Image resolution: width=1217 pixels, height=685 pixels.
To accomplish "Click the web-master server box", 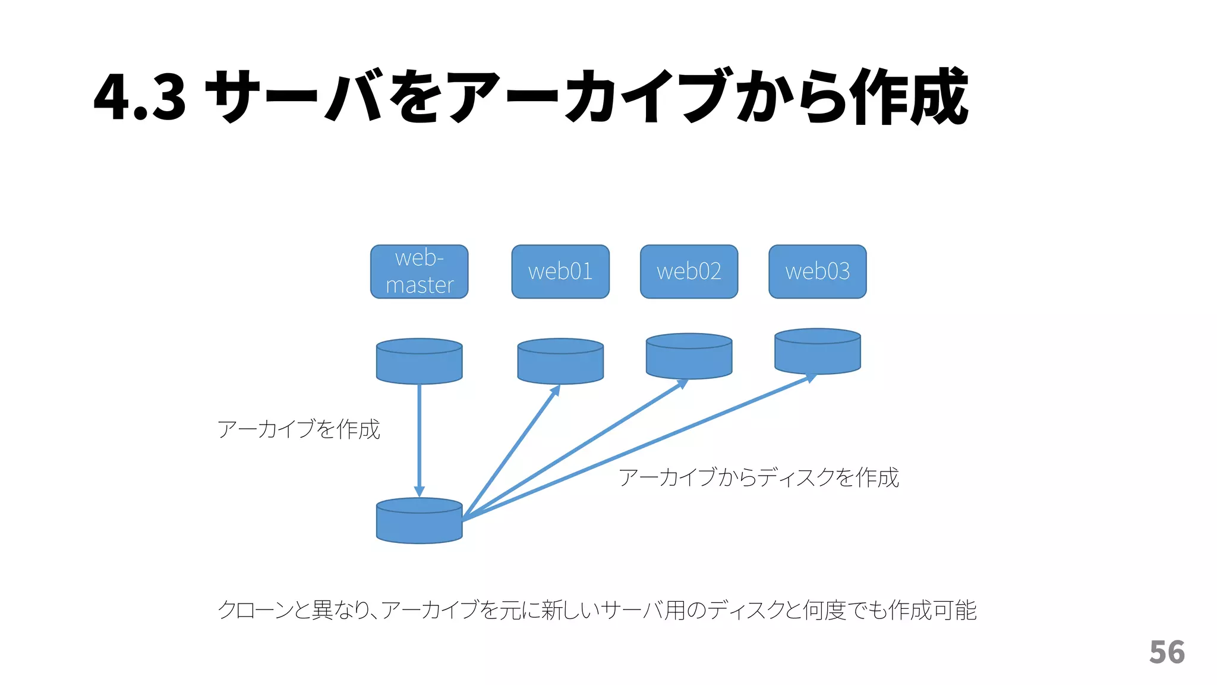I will [419, 272].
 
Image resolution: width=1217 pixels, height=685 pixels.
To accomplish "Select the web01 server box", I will [560, 272].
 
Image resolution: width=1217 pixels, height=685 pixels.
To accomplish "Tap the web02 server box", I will [689, 272].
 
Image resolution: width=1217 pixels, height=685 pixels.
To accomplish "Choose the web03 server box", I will [817, 272].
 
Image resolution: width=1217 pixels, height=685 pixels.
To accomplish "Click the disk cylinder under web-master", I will [419, 362].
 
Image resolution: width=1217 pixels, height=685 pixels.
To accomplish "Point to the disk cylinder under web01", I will [560, 362].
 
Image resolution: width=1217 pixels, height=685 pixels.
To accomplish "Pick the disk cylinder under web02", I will [689, 357].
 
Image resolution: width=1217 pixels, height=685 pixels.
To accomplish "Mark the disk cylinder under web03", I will [817, 352].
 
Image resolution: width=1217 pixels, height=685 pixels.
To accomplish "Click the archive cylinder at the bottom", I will [419, 521].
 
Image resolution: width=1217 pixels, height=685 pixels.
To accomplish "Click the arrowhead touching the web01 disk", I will [556, 390].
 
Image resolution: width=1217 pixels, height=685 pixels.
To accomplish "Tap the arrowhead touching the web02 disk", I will [683, 384].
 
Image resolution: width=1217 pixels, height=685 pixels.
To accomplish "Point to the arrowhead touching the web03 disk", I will [811, 378].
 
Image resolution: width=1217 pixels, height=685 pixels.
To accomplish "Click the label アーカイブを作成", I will [298, 429].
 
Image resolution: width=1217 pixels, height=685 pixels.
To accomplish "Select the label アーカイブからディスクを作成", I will [758, 477].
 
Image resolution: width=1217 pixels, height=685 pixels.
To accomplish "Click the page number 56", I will [1166, 652].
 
